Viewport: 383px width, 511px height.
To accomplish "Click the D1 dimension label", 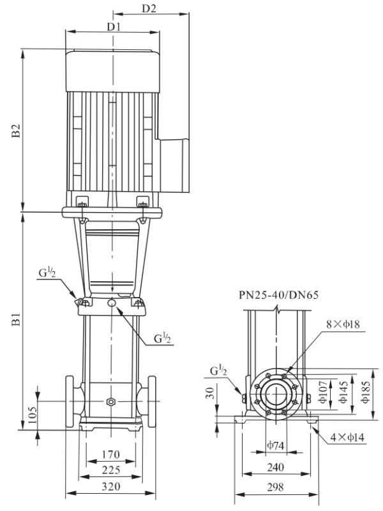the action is [114, 26].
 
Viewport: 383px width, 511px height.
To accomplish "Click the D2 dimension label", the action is [149, 8].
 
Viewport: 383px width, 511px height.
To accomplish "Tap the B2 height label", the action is [16, 130].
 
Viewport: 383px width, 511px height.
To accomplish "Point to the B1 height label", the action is [16, 319].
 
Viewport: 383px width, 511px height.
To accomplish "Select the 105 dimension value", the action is [33, 415].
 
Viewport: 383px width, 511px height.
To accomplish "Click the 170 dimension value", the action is [110, 454].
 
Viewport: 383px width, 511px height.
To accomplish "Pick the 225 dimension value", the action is [110, 470].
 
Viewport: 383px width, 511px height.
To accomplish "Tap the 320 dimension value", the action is [110, 487].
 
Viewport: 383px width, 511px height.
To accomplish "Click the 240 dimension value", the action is [276, 468].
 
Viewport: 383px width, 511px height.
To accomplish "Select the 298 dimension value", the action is [276, 487].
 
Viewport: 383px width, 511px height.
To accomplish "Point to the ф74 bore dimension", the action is [276, 445].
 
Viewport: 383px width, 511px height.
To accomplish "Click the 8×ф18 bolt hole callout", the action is [343, 324].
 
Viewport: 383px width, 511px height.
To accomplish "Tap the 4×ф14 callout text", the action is [347, 437].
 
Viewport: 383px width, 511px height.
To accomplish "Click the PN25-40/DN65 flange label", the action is [278, 295].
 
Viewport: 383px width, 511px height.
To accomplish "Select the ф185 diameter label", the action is [366, 392].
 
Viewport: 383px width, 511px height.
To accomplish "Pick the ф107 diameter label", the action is [323, 392].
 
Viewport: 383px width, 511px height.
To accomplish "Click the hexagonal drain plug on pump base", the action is [111, 401].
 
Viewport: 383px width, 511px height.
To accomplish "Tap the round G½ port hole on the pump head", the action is [112, 303].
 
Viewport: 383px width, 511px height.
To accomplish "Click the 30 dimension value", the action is [211, 393].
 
